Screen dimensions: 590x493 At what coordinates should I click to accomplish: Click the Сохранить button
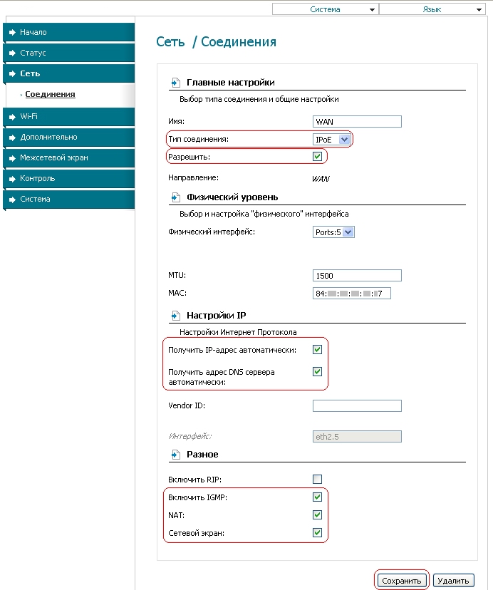(x=403, y=581)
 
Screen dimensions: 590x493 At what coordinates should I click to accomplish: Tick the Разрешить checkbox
(x=318, y=156)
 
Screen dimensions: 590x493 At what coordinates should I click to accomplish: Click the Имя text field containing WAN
(x=357, y=121)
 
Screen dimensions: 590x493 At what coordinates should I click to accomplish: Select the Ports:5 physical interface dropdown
(x=334, y=232)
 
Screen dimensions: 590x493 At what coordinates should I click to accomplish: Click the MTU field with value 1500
(x=357, y=275)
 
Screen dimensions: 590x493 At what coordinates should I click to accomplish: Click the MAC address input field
(x=352, y=293)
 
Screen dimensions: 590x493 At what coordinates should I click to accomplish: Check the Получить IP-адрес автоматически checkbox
(x=318, y=350)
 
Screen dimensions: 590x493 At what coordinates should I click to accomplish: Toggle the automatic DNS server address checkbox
(x=318, y=371)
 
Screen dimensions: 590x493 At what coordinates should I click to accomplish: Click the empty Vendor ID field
(x=357, y=405)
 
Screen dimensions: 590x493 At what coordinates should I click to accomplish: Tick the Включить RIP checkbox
(x=318, y=479)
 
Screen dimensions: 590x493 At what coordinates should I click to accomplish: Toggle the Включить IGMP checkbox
(x=318, y=497)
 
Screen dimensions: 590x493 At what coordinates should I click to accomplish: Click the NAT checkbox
(x=318, y=514)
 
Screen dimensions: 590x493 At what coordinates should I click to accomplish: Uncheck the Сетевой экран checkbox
(x=318, y=532)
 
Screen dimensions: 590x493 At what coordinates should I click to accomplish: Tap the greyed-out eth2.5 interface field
(x=357, y=437)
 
